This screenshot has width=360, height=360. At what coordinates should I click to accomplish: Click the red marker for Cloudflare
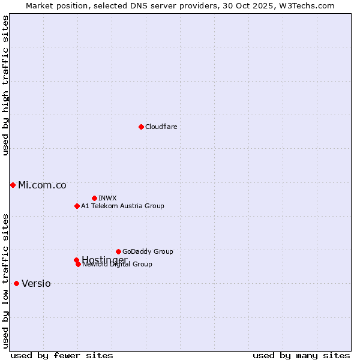(141, 127)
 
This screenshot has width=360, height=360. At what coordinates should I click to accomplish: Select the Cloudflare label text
(161, 127)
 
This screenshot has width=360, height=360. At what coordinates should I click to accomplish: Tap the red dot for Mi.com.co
(13, 185)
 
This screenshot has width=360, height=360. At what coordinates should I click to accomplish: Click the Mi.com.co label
(42, 185)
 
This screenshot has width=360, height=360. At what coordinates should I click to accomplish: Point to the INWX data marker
(94, 198)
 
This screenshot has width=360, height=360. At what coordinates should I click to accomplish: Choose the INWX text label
(107, 198)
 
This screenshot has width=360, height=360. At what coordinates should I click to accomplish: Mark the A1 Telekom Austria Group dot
(77, 206)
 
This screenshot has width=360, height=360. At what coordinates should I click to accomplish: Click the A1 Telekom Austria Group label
(122, 206)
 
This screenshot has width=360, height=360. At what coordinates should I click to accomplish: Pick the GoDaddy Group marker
(118, 251)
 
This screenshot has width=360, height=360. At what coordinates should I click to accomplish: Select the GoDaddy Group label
(148, 251)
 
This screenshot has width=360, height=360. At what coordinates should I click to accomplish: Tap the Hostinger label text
(104, 260)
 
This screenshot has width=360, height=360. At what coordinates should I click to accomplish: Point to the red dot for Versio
(16, 283)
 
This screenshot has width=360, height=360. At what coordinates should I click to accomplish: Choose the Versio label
(36, 283)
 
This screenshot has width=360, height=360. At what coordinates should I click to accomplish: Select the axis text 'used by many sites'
(301, 356)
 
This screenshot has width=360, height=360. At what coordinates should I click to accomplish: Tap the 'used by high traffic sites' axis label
(5, 85)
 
